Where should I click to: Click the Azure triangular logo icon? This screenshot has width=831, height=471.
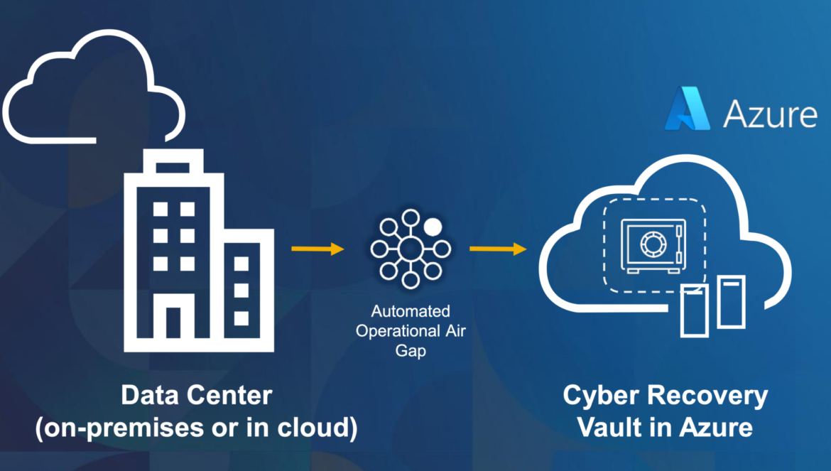click(688, 109)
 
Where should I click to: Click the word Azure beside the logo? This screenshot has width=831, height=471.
click(771, 114)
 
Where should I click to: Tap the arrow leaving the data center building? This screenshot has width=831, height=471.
click(317, 249)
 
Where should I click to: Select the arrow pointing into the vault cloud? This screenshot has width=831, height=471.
click(498, 249)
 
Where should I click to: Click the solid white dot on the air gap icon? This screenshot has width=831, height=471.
click(433, 227)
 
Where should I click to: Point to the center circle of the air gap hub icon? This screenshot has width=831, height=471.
click(411, 249)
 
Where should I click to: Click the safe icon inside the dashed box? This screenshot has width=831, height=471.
click(653, 247)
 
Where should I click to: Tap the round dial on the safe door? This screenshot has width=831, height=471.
click(651, 244)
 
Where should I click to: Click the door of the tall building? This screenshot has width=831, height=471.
click(173, 322)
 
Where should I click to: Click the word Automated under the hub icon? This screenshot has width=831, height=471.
click(411, 311)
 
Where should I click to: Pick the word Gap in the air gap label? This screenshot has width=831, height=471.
click(411, 351)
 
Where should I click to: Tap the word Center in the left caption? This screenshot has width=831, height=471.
click(229, 395)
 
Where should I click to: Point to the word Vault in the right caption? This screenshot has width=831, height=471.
click(609, 427)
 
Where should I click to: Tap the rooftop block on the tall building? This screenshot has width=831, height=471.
click(173, 161)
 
